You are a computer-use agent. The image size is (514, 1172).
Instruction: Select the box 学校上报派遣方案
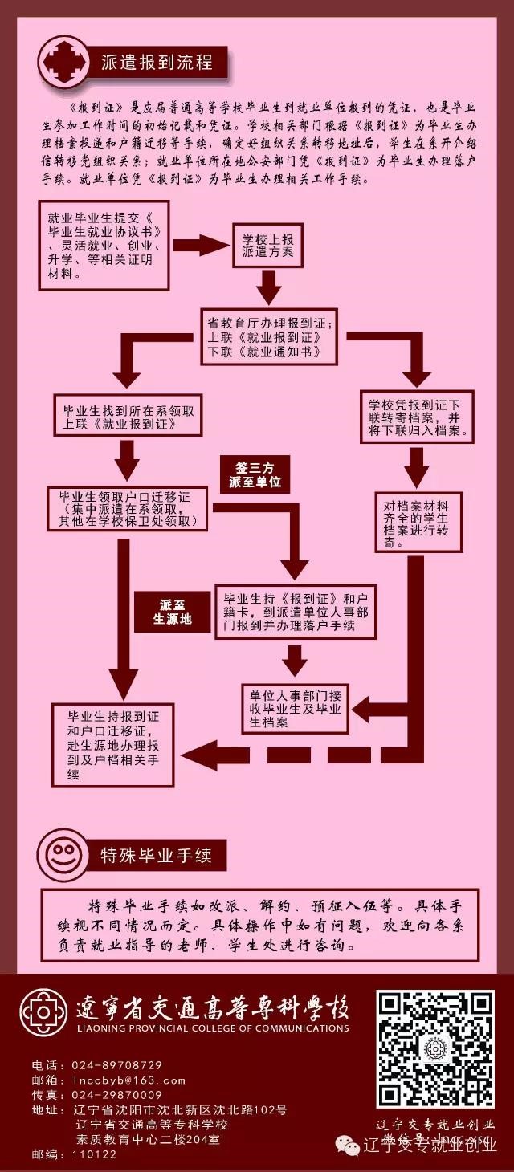point(267,246)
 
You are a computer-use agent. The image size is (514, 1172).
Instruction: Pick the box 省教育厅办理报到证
point(269,336)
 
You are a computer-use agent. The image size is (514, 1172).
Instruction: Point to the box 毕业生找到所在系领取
point(129,416)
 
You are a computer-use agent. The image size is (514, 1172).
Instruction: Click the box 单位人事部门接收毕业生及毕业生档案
point(296,706)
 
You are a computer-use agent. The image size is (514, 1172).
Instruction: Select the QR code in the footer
point(435,1048)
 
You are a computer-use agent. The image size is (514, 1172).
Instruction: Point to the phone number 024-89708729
point(117,1065)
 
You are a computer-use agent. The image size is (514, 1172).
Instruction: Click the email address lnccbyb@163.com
point(128,1080)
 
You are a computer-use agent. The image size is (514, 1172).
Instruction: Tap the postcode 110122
point(95,1154)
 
